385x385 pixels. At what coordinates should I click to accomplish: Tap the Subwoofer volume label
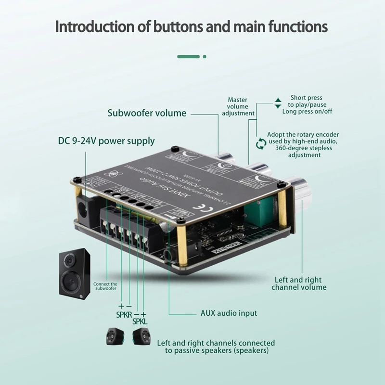pos(147,113)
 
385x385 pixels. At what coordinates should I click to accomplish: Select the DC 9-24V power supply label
pos(106,141)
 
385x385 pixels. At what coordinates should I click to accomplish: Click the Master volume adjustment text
pos(238,106)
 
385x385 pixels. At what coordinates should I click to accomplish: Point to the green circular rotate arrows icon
pos(261,143)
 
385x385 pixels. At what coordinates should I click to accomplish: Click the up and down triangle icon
pos(278,103)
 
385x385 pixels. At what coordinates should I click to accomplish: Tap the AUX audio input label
pos(229,313)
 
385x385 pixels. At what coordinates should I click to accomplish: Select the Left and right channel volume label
pos(299,283)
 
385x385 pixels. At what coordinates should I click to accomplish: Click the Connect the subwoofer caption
pos(105,286)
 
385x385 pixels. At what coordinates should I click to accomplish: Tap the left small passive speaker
pos(115,337)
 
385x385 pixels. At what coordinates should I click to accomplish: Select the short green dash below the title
pos(188,56)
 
